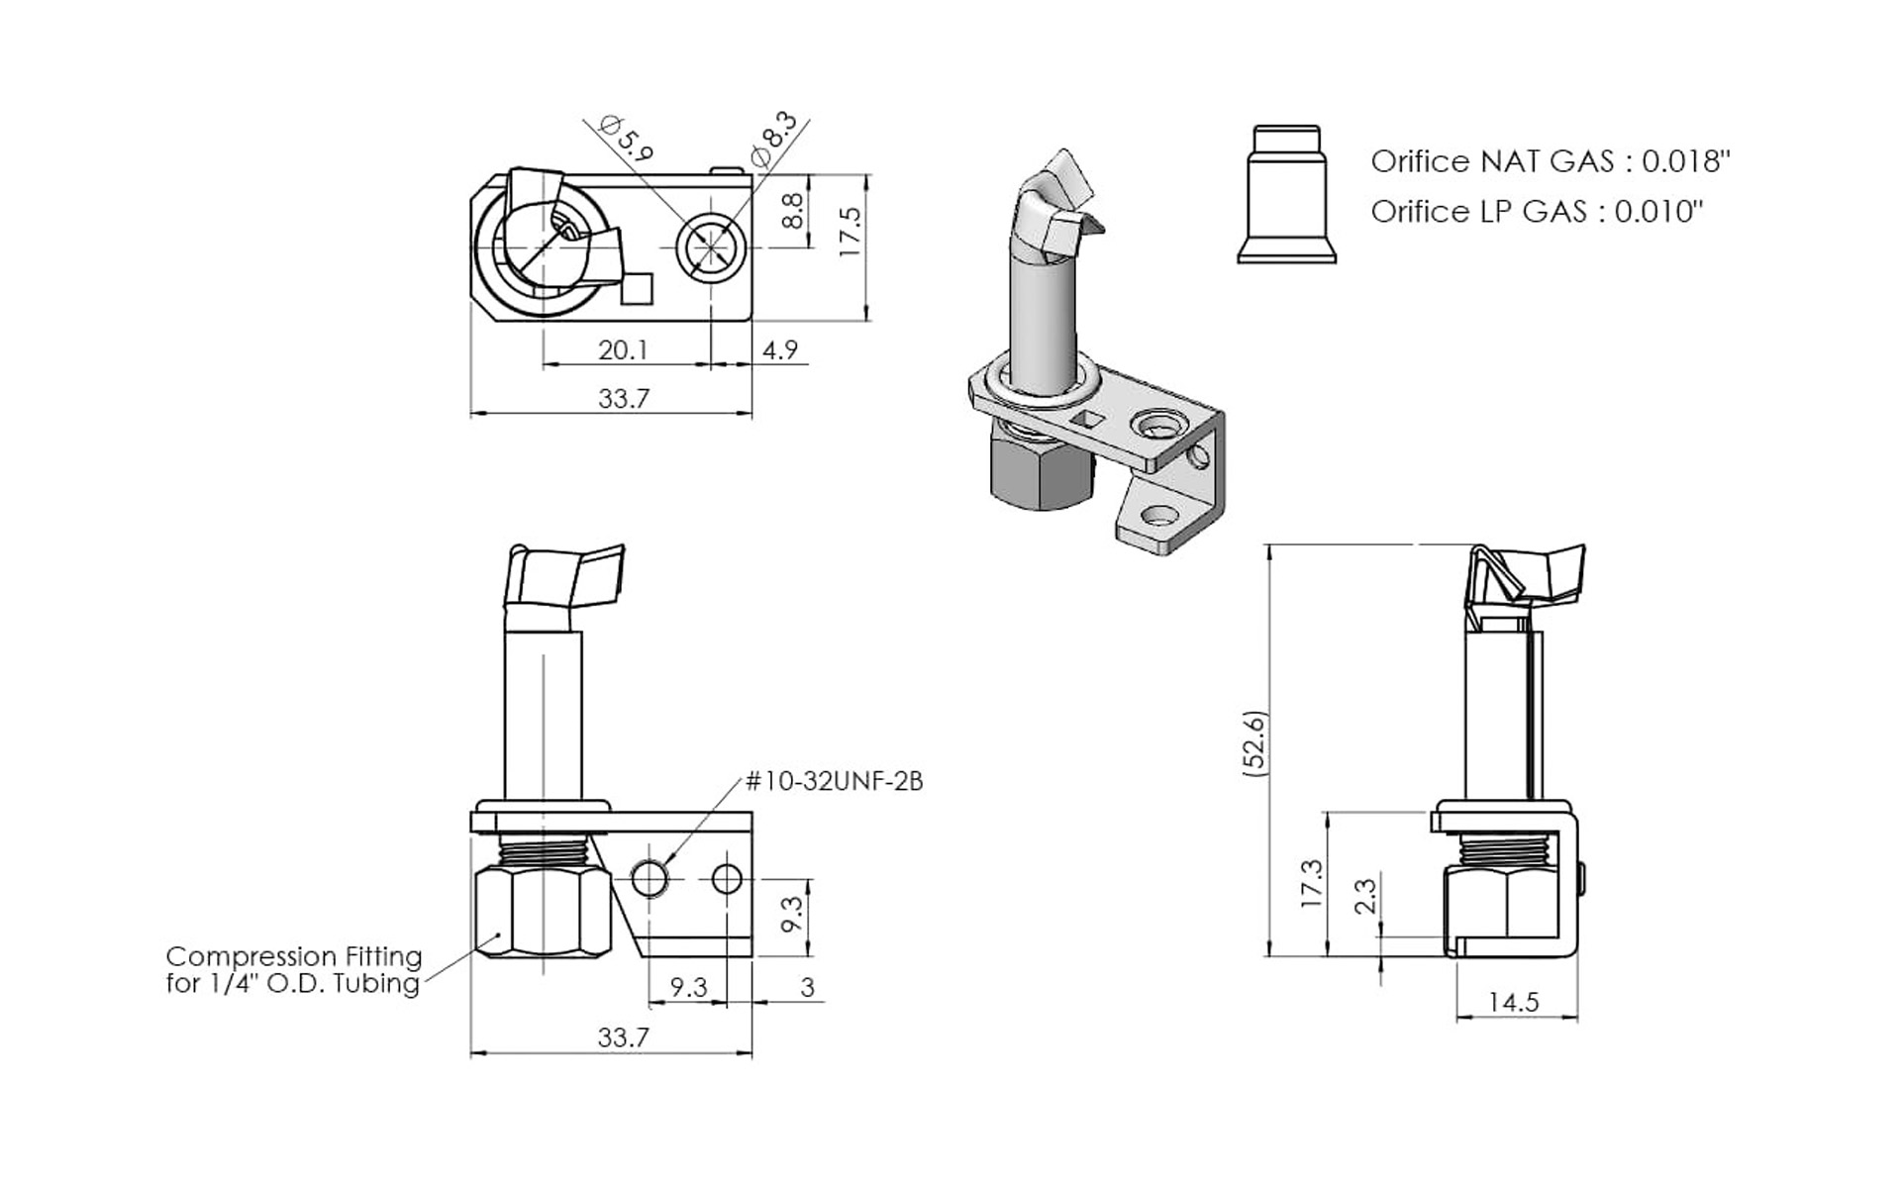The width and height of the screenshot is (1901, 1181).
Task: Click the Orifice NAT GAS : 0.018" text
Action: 1550,161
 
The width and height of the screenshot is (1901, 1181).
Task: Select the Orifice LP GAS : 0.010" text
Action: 1537,211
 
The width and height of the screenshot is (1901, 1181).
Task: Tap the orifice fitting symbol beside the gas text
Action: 1286,195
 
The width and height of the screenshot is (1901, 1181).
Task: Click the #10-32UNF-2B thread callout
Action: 834,782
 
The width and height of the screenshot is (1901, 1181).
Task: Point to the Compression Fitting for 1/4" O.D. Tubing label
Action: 293,969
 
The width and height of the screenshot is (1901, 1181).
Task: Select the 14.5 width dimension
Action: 1513,1002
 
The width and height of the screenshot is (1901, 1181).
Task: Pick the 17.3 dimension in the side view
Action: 1311,883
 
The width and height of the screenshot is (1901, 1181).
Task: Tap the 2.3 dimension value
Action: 1364,896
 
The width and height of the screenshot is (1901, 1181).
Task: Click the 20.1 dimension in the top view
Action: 623,349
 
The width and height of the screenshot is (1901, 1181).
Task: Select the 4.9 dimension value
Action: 779,349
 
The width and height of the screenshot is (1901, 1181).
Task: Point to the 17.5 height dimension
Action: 850,233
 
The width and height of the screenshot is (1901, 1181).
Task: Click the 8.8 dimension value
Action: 793,211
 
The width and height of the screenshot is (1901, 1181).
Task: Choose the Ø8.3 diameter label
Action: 773,140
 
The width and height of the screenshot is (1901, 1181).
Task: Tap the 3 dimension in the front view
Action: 807,987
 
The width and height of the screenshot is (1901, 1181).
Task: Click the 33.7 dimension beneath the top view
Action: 623,398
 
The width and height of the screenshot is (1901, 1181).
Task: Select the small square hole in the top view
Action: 638,288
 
